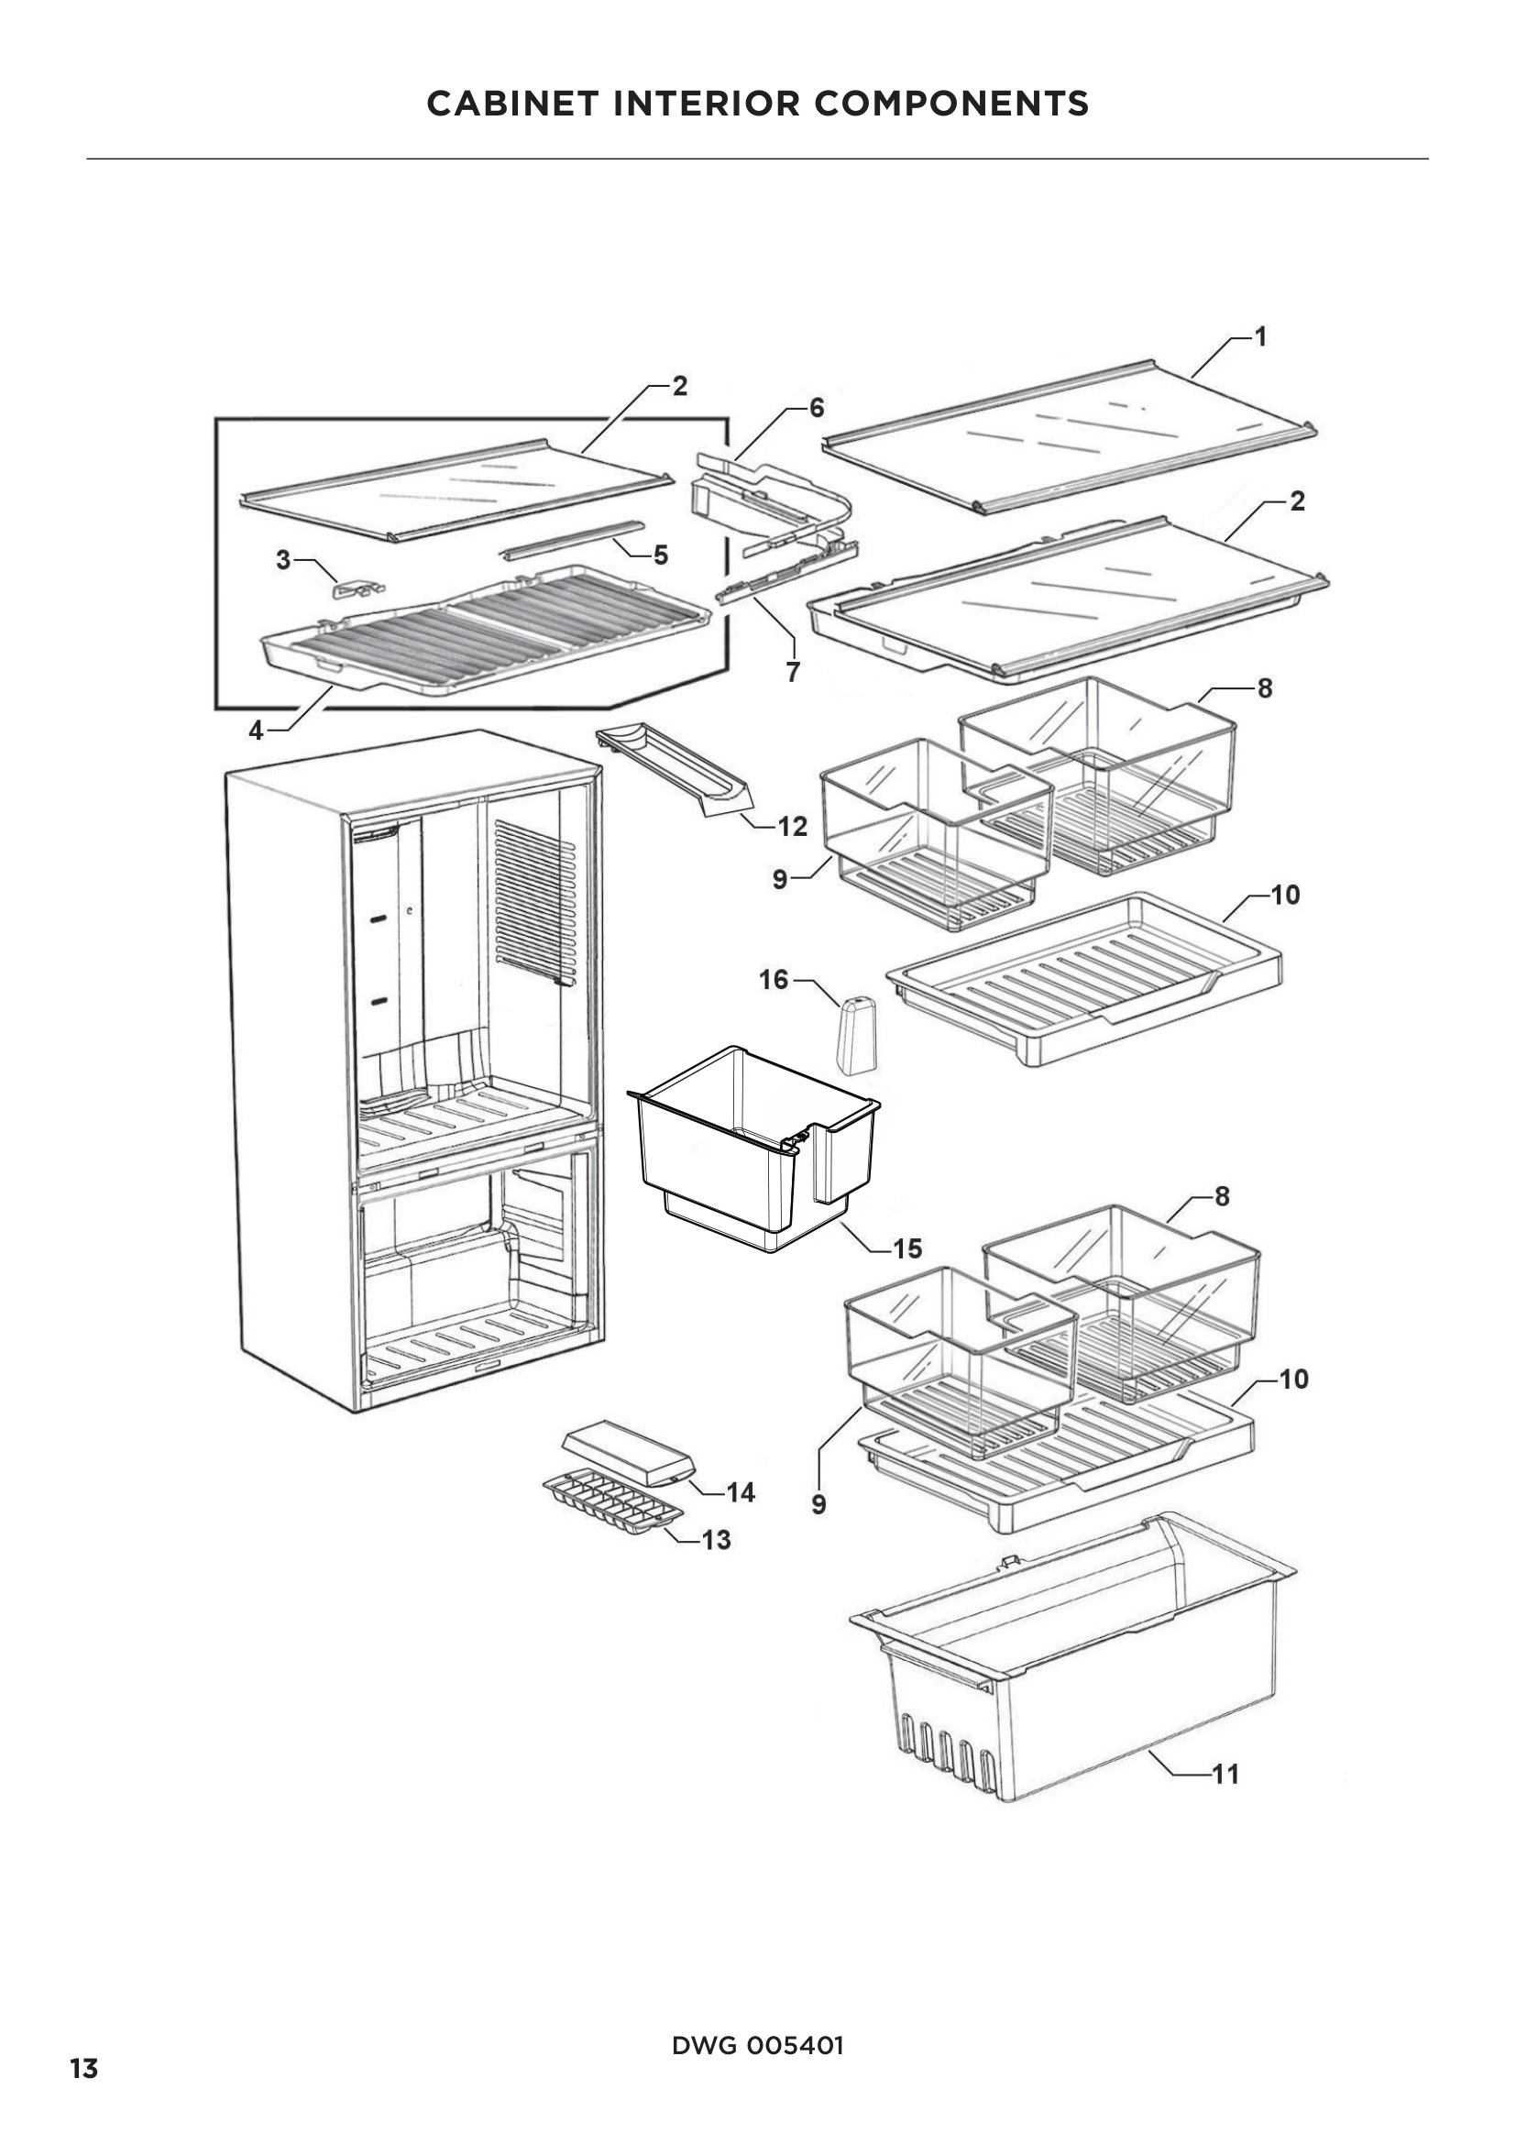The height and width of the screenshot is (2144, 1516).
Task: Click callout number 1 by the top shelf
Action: tap(1260, 337)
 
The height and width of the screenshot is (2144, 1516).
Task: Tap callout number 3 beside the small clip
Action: tap(283, 560)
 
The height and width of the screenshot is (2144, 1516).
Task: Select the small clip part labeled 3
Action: tap(357, 588)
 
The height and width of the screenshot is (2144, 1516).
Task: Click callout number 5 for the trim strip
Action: tap(661, 555)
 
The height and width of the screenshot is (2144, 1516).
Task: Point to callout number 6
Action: tap(817, 408)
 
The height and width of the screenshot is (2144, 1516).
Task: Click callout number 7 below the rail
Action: tap(793, 671)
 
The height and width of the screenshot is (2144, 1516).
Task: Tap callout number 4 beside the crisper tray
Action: tap(256, 731)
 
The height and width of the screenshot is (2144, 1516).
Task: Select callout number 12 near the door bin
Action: tap(792, 826)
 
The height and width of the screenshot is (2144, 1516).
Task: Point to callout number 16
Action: tap(774, 980)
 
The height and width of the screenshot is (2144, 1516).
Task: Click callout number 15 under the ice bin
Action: tap(906, 1248)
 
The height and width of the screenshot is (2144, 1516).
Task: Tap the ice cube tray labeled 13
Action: tap(612, 1497)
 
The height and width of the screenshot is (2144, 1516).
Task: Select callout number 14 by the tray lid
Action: tap(741, 1492)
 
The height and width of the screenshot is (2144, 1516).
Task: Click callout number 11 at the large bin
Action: tap(1225, 1774)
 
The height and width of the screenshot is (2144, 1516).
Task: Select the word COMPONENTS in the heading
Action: tap(951, 104)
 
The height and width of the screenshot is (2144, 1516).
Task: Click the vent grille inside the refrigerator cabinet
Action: tap(535, 902)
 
